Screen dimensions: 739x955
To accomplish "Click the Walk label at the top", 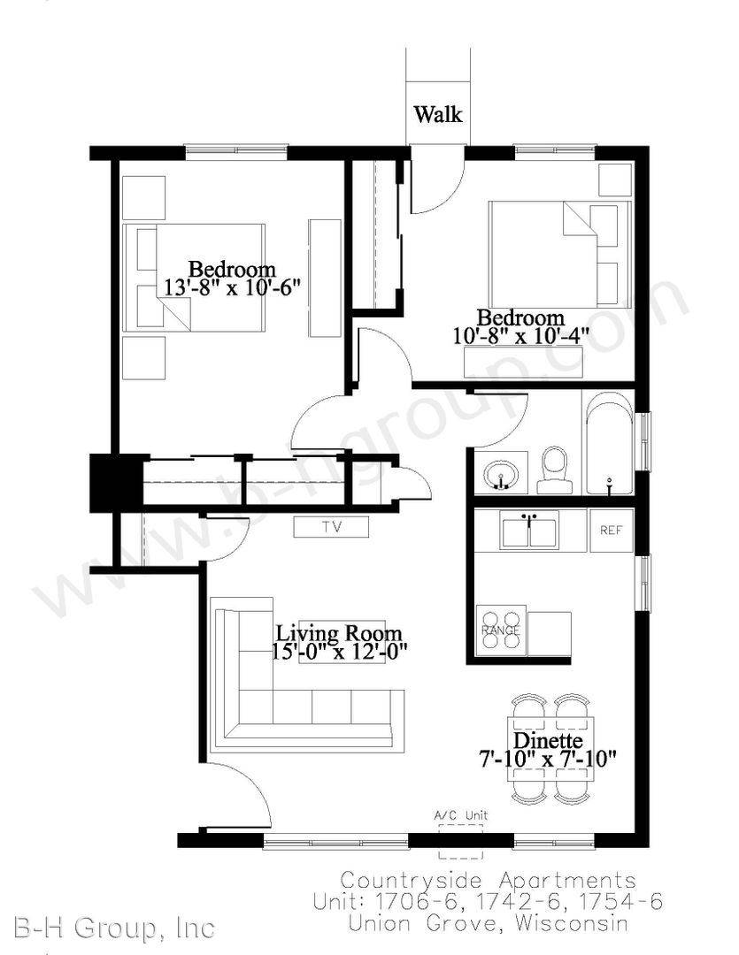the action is pyautogui.click(x=438, y=114).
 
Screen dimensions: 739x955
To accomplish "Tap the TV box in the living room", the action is pyautogui.click(x=331, y=527).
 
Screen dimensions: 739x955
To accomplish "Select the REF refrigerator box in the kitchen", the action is pyautogui.click(x=611, y=531).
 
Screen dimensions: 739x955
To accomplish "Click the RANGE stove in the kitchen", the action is pyautogui.click(x=501, y=630).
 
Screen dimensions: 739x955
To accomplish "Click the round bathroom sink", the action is pyautogui.click(x=501, y=473).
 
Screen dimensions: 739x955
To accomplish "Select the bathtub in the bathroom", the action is pyautogui.click(x=608, y=443).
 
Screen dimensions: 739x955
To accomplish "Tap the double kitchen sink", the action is pyautogui.click(x=529, y=531).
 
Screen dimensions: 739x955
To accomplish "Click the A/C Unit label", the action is pyautogui.click(x=460, y=815).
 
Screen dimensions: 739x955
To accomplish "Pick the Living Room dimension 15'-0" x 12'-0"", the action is pyautogui.click(x=340, y=651).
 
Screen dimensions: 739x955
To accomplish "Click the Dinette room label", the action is pyautogui.click(x=548, y=741).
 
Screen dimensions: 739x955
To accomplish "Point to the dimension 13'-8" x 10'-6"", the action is pyautogui.click(x=234, y=286).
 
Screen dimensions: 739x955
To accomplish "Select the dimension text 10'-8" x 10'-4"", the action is pyautogui.click(x=521, y=336).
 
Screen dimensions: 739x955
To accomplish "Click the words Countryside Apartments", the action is pyautogui.click(x=488, y=881).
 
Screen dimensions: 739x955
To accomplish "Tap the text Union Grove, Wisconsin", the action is pyautogui.click(x=488, y=922).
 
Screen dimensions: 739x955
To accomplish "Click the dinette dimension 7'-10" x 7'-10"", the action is pyautogui.click(x=548, y=760).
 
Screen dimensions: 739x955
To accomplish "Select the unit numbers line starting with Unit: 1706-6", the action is pyautogui.click(x=488, y=901).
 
